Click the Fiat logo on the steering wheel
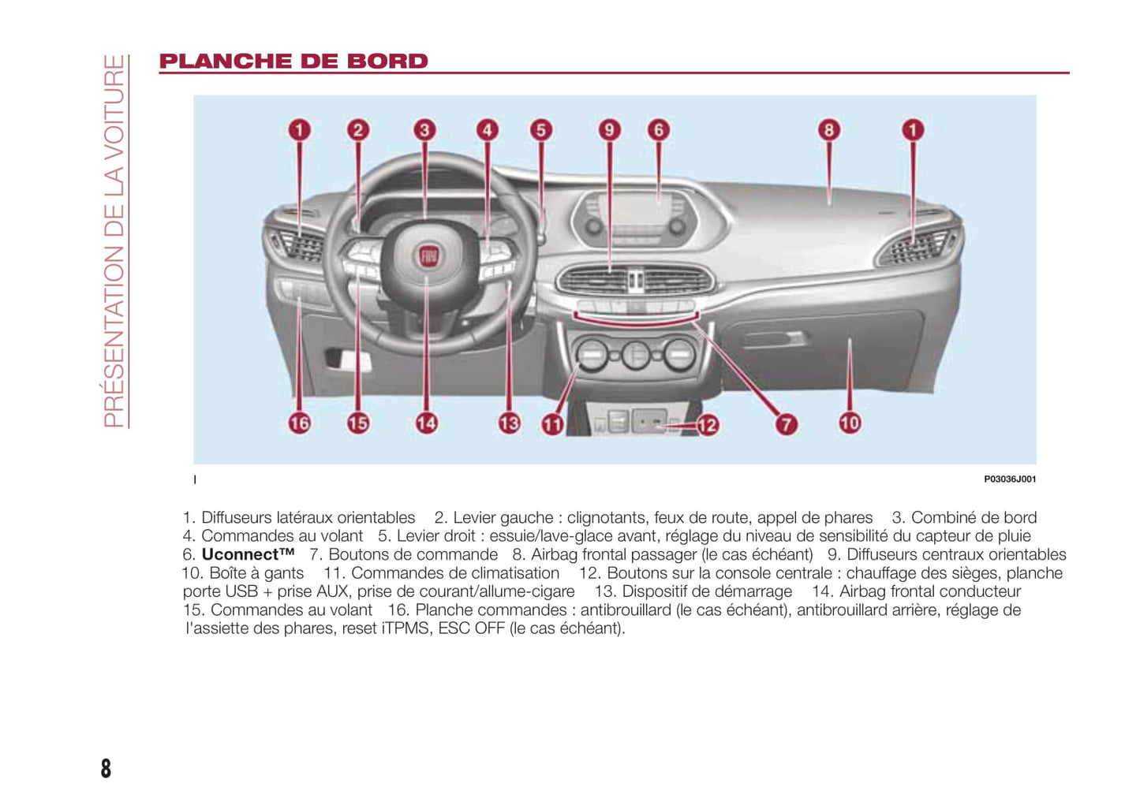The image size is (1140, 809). click(428, 255)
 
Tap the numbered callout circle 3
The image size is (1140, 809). click(424, 130)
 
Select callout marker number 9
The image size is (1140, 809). click(609, 130)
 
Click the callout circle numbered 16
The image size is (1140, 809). click(299, 423)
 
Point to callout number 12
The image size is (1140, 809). click(707, 426)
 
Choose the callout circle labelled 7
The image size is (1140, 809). click(786, 424)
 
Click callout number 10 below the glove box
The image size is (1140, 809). click(849, 423)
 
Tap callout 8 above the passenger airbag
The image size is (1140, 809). click(828, 130)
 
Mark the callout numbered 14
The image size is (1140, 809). click(426, 423)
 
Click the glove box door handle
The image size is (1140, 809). click(776, 339)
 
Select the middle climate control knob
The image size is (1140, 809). click(635, 354)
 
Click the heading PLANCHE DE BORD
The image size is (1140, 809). click(293, 62)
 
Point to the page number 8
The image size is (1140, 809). click(107, 768)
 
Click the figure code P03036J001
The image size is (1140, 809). click(1009, 479)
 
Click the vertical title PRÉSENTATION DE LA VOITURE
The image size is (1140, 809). click(115, 240)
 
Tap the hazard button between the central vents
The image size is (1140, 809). click(635, 278)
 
